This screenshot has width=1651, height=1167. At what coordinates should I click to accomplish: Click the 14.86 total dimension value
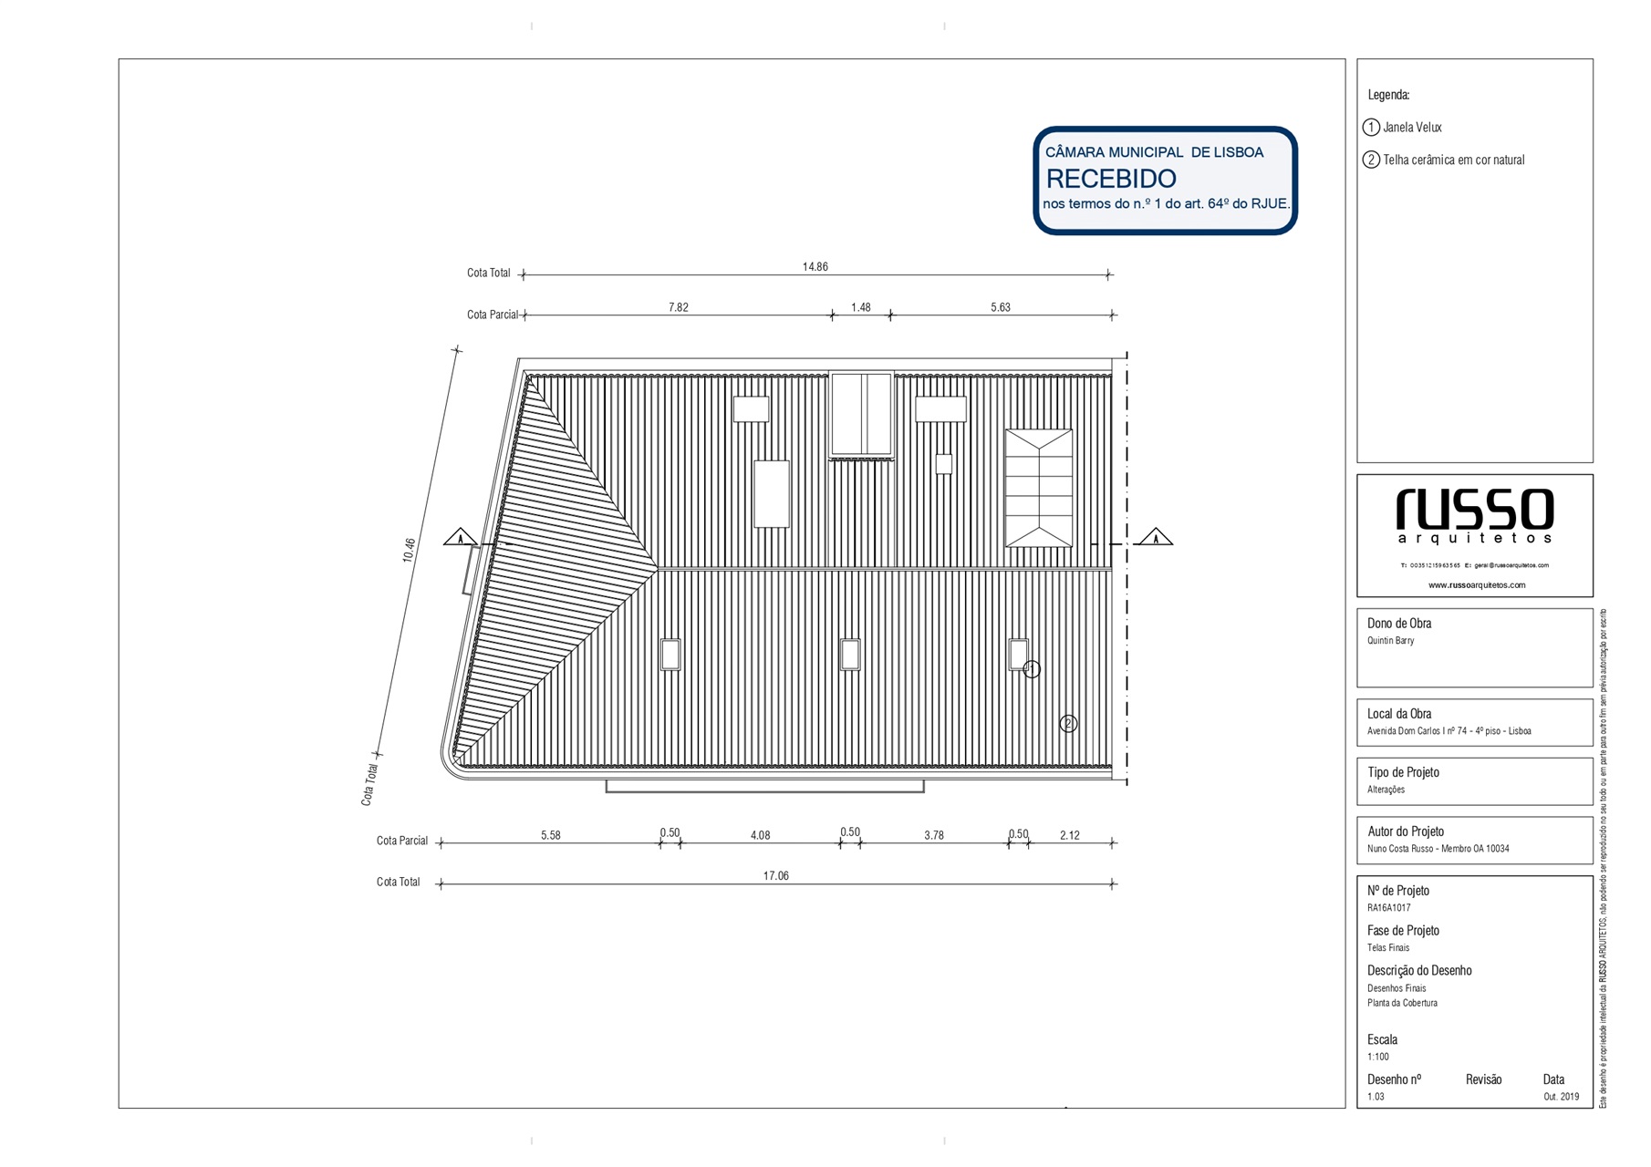pos(815,266)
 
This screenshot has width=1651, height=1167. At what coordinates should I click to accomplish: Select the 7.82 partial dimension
pos(678,307)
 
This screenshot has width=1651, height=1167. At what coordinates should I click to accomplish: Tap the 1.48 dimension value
pos(860,307)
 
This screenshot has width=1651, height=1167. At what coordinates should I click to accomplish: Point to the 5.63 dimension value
pos(1000,307)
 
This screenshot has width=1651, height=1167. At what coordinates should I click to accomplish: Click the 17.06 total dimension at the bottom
pos(775,875)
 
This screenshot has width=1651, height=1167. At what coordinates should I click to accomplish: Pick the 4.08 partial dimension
pos(760,835)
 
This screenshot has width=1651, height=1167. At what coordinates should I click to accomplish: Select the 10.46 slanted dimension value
pos(410,550)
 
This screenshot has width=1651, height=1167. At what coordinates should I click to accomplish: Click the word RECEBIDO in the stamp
pos(1110,179)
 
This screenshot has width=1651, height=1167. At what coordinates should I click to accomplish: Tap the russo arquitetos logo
pos(1474,515)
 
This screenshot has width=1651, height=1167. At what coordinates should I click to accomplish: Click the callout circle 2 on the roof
pos(1068,723)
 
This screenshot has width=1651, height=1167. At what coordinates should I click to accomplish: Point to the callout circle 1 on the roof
pos(1032,669)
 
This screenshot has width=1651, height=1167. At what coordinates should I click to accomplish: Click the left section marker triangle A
pos(461,537)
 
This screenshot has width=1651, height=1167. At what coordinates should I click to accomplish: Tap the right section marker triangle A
pos(1156,537)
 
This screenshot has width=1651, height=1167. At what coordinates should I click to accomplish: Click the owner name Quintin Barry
pos(1390,641)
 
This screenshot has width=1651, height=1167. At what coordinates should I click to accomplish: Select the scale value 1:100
pos(1377,1057)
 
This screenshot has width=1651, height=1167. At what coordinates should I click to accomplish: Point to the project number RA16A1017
pos(1388,908)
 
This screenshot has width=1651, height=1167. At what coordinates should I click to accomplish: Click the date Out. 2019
pos(1561,1097)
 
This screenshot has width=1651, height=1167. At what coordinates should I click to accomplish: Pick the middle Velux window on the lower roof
pos(849,655)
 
